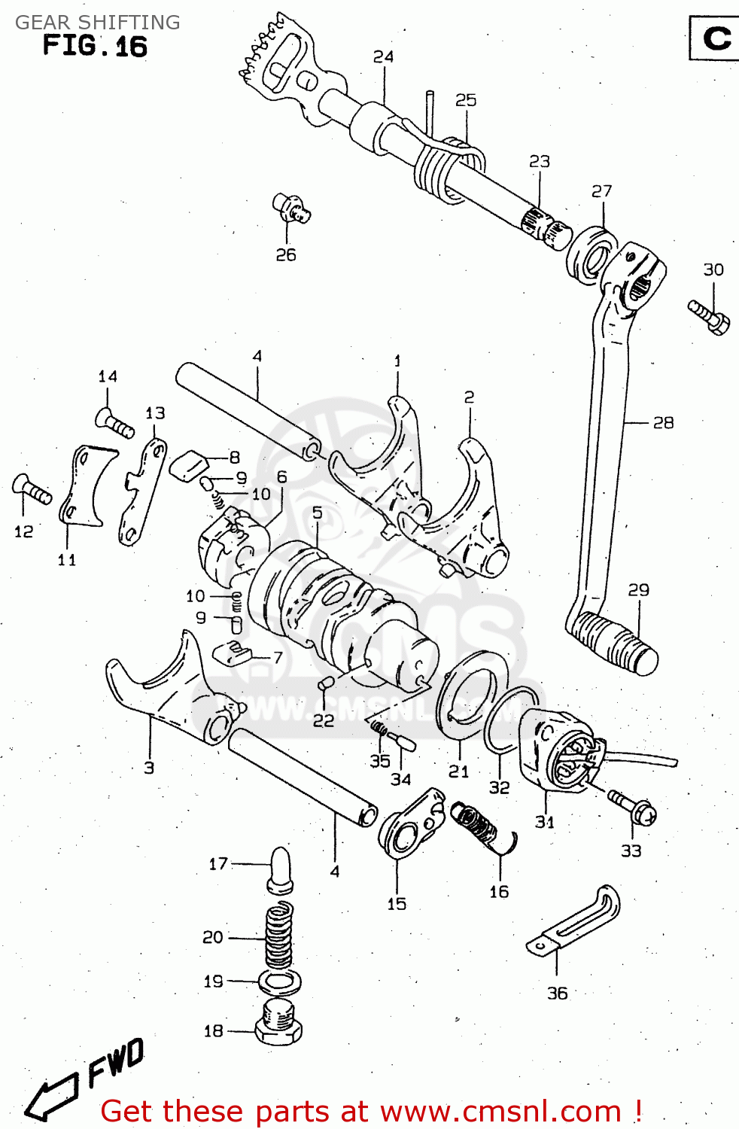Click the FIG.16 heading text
95,46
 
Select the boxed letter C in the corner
716,38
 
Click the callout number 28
662,423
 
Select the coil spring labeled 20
278,938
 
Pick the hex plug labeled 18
278,1023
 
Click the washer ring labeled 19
280,981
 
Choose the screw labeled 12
32,489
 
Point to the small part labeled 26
291,208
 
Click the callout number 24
383,56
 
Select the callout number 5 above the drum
317,513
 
